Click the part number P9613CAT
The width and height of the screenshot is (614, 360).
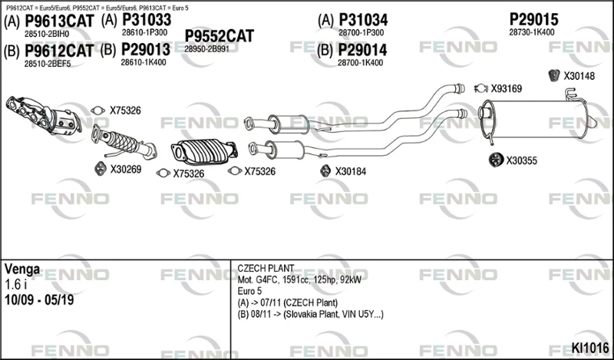tap(59, 21)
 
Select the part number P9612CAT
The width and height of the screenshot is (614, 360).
tap(59, 51)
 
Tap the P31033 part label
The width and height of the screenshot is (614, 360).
tap(147, 20)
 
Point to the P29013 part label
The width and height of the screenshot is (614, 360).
tap(146, 50)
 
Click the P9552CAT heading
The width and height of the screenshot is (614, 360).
tap(220, 36)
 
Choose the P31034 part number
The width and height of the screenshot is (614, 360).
tap(363, 20)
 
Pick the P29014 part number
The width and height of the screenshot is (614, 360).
tap(362, 50)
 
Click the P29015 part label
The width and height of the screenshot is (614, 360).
tap(533, 20)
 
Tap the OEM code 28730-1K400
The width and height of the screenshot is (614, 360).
tap(532, 32)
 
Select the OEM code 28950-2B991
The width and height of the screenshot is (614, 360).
tap(206, 49)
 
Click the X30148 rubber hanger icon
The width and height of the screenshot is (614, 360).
tap(553, 75)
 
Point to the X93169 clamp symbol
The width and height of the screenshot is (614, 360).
tap(481, 88)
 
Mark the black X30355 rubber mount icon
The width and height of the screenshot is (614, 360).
tap(496, 160)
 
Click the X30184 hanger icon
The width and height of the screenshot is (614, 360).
tap(325, 171)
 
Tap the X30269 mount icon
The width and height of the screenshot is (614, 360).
tap(101, 169)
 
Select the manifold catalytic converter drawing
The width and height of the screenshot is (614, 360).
tap(44, 116)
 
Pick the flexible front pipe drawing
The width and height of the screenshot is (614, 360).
tap(124, 142)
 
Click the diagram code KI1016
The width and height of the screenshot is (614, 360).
tap(590, 348)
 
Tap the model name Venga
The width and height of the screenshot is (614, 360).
tap(22, 269)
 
